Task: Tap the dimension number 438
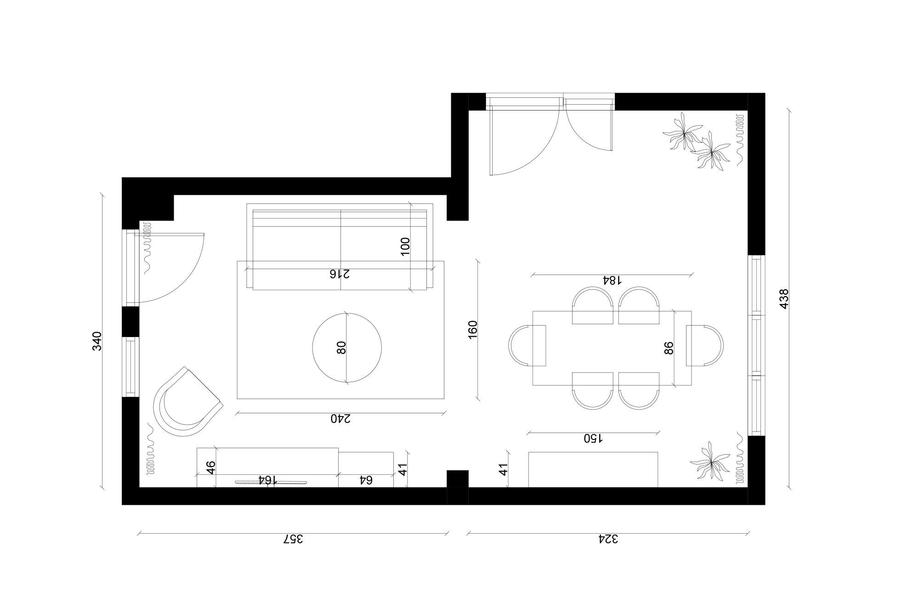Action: click(x=784, y=298)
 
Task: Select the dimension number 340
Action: click(x=97, y=341)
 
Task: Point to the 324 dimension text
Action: click(x=608, y=539)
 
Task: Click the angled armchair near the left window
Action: click(x=186, y=403)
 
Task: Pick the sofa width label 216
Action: click(x=340, y=274)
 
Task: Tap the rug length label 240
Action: click(x=340, y=418)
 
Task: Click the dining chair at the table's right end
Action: click(x=705, y=346)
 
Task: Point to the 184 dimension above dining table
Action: click(x=612, y=280)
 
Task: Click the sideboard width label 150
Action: click(x=593, y=438)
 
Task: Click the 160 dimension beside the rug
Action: click(x=473, y=330)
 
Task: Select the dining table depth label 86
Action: click(x=669, y=348)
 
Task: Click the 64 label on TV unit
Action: click(x=365, y=480)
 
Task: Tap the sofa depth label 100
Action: click(x=405, y=247)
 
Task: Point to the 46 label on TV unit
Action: click(x=210, y=467)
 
